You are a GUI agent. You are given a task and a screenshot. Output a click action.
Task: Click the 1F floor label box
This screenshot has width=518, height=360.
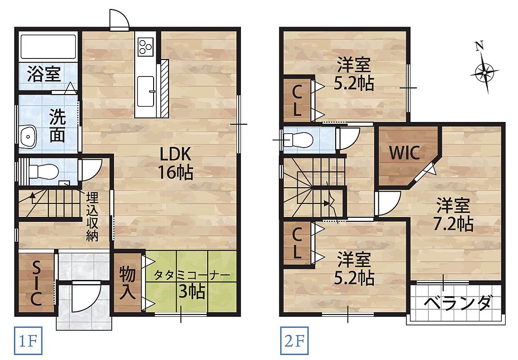tap(28, 341)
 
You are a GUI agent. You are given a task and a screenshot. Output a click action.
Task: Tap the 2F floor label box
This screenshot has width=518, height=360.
tap(294, 341)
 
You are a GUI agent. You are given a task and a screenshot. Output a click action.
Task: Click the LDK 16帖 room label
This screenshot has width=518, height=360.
tap(175, 163)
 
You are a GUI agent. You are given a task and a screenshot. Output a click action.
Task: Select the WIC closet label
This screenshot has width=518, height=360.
tap(404, 153)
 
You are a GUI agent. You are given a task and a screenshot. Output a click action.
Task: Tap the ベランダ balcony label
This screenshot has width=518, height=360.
tap(458, 303)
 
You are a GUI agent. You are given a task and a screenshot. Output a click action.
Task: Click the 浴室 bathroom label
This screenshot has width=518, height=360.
tap(44, 74)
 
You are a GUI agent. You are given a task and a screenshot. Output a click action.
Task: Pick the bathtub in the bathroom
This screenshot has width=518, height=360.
tap(49, 46)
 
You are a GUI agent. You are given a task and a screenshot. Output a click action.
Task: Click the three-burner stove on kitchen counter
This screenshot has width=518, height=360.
tap(145, 46)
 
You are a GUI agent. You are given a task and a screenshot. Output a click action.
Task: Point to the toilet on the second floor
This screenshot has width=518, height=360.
tap(298, 140)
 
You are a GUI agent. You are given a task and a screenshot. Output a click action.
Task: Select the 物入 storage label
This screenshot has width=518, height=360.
tap(127, 283)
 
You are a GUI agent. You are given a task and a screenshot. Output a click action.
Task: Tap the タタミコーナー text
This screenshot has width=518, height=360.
tap(192, 274)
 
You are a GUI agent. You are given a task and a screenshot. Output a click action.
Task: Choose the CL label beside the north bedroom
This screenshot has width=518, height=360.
tap(297, 99)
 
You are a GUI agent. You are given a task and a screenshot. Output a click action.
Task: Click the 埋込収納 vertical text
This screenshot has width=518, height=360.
tap(92, 217)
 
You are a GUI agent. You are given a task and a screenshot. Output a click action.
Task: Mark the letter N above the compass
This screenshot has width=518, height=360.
tap(480, 46)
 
